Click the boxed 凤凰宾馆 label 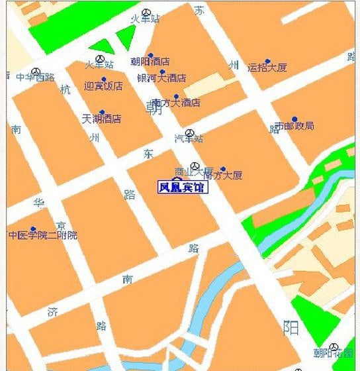pyautogui.click(x=182, y=187)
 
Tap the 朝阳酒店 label pyautogui.click(x=151, y=62)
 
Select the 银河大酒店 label pyautogui.click(x=161, y=78)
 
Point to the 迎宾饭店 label pyautogui.click(x=103, y=86)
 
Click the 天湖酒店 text pyautogui.click(x=101, y=119)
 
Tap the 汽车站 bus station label pyautogui.click(x=189, y=138)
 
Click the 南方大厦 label pyautogui.click(x=223, y=176)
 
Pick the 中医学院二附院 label pyautogui.click(x=43, y=235)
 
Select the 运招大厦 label pyautogui.click(x=267, y=67)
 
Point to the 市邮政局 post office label pyautogui.click(x=294, y=126)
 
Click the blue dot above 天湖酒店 pyautogui.click(x=101, y=112)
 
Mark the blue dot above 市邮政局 pyautogui.click(x=294, y=119)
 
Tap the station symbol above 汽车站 pyautogui.click(x=189, y=132)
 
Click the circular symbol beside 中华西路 pyautogui.click(x=36, y=70)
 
